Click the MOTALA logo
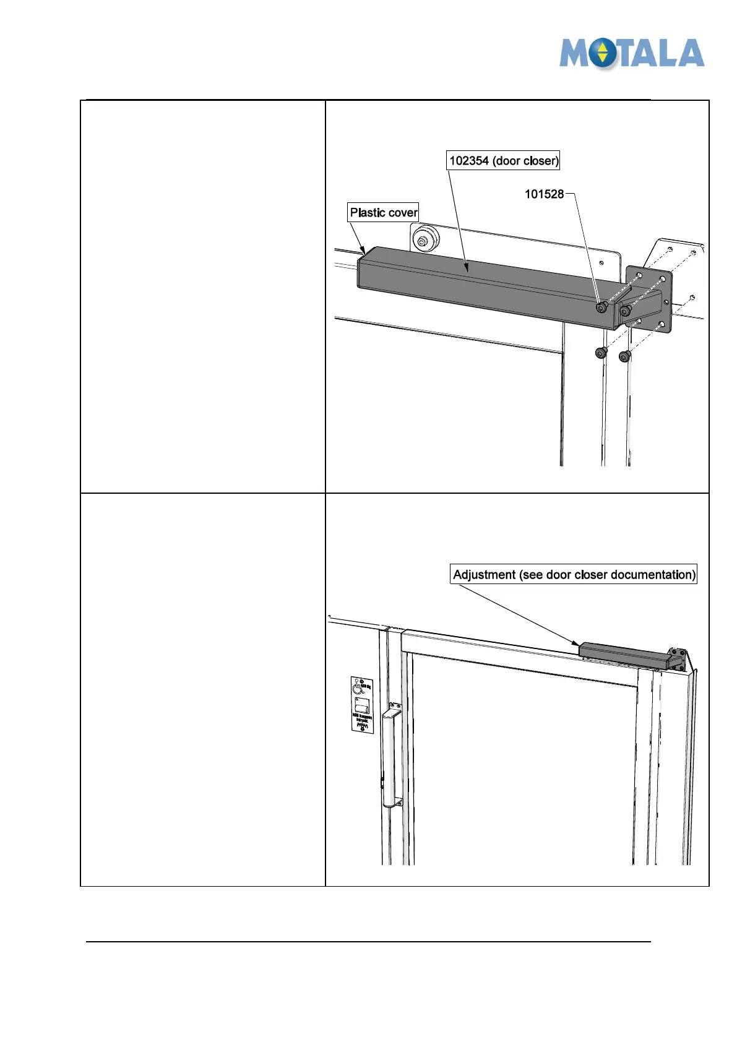[631, 53]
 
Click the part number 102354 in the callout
[469, 161]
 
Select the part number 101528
[544, 194]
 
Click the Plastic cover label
[384, 213]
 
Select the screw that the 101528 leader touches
[601, 308]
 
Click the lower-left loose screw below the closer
[600, 353]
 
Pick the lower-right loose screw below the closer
[624, 356]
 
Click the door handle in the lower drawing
[390, 758]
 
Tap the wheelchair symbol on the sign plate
[358, 686]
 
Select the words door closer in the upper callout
[525, 161]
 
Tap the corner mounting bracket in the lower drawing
[678, 659]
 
